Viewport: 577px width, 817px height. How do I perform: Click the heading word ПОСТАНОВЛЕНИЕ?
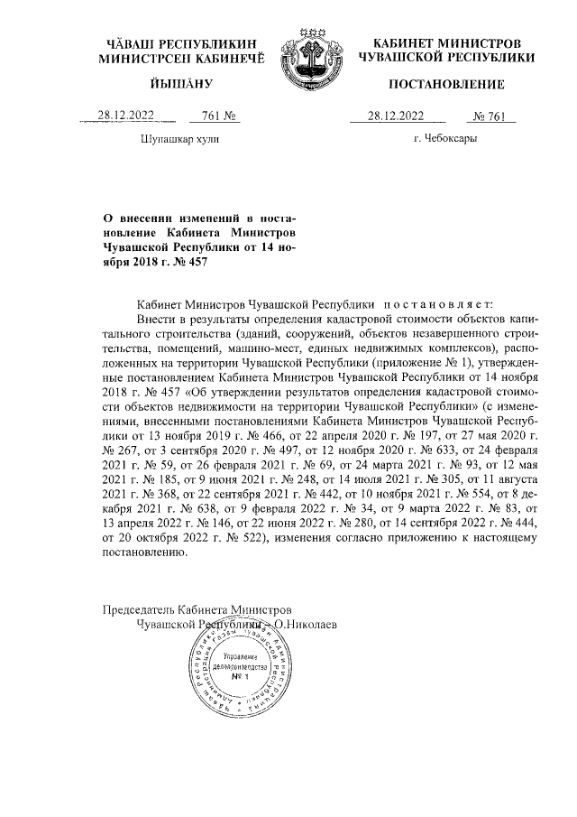click(445, 85)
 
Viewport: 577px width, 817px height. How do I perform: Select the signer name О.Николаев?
click(306, 623)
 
